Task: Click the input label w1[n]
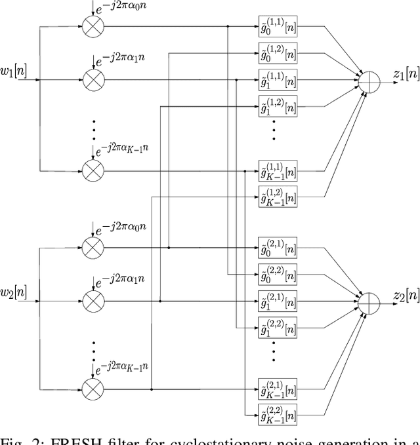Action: click(x=14, y=70)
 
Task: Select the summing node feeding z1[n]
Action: click(x=369, y=82)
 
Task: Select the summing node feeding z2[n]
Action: click(x=369, y=303)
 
